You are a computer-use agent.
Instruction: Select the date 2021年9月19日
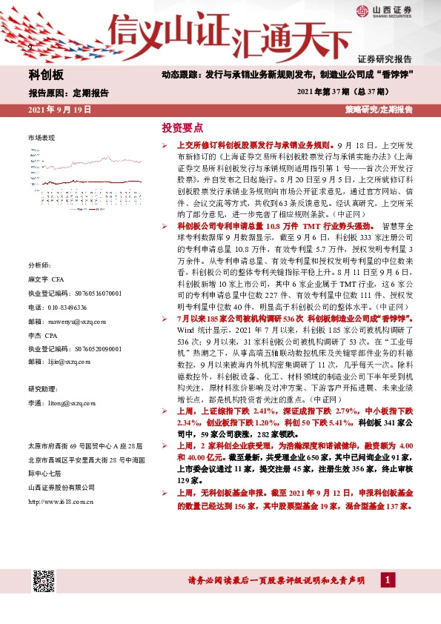click(x=59, y=110)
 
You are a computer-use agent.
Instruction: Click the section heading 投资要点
click(x=182, y=127)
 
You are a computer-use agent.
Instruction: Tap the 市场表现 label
click(x=42, y=139)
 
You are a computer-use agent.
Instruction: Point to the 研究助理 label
click(x=42, y=388)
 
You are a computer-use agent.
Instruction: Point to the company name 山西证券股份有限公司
click(x=61, y=487)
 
